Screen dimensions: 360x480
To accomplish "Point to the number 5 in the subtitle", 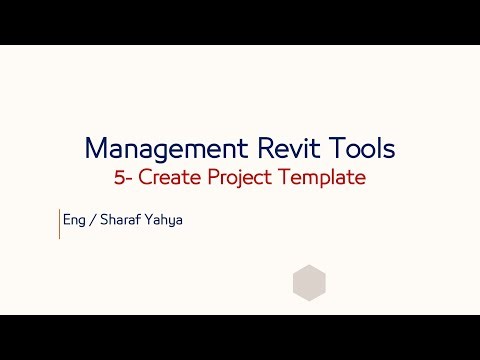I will [120, 178].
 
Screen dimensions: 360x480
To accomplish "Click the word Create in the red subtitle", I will [168, 178].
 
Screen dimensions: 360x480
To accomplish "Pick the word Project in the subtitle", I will [236, 179].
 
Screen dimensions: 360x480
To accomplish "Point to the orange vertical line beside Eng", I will [60, 224].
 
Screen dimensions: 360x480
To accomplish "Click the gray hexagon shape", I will [309, 283].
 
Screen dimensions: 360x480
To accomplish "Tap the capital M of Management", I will [96, 148].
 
